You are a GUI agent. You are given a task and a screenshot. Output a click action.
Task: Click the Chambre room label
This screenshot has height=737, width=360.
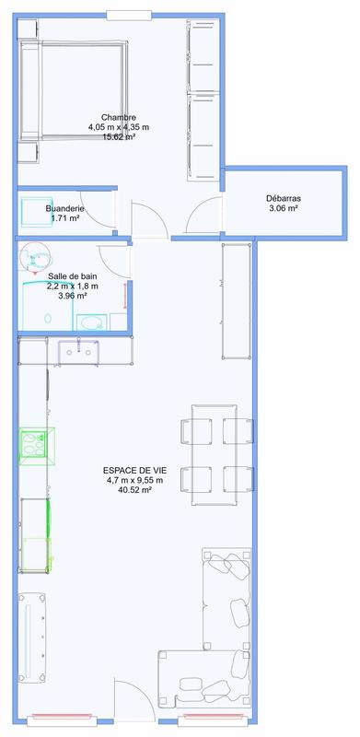point(120,117)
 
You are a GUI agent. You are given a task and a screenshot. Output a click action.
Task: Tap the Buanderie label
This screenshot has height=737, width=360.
point(65,209)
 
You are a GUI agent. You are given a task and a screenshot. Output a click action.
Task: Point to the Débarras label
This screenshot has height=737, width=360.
point(284,198)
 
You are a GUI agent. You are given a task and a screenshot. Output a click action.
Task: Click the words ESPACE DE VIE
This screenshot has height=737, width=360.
point(134,470)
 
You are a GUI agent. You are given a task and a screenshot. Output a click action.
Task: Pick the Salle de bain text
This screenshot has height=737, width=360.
point(73,275)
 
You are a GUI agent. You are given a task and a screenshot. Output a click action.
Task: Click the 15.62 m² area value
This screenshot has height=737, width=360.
point(119,136)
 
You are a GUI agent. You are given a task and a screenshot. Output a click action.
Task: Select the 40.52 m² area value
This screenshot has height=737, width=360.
point(134,490)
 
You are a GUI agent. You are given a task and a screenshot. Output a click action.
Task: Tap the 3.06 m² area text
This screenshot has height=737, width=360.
point(284,209)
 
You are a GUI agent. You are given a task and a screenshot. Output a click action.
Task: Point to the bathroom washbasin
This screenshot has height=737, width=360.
point(88,322)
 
